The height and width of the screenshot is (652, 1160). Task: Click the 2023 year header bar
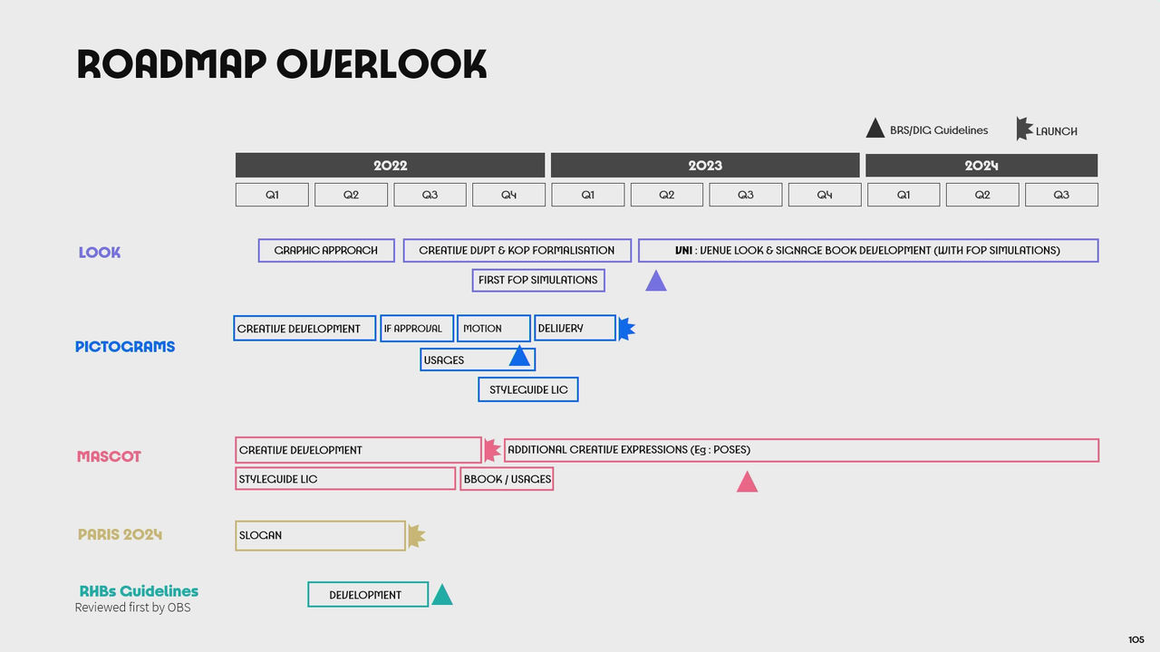[x=705, y=165]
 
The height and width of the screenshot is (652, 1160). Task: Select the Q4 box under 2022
[x=508, y=195]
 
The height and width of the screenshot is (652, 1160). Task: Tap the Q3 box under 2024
[x=1061, y=195]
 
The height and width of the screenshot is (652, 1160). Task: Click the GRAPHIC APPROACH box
[x=326, y=251]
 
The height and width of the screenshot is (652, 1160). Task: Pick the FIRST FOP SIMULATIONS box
[x=538, y=281]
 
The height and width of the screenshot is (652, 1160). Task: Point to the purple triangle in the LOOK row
[x=655, y=281]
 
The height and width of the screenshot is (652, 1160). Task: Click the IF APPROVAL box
[x=417, y=328]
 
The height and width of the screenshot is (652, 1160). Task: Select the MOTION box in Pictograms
[x=494, y=328]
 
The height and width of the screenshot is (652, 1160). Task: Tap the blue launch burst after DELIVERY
[x=626, y=329]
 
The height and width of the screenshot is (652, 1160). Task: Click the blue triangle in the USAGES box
[x=519, y=356]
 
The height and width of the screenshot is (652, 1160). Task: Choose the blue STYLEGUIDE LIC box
[x=528, y=389]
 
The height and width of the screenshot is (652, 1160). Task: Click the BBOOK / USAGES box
[x=507, y=479]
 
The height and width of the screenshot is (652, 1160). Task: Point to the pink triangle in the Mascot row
[x=747, y=482]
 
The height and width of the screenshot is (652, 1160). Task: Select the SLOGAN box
[x=320, y=535]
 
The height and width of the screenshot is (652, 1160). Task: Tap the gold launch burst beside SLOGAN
[x=416, y=535]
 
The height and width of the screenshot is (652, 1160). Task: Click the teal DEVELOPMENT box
[x=368, y=595]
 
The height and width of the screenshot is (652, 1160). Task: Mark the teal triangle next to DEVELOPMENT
[x=442, y=595]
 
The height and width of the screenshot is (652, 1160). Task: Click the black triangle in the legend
[x=875, y=129]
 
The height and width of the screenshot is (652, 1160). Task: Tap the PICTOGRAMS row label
[x=125, y=347]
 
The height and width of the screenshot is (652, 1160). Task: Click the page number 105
[x=1136, y=639]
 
